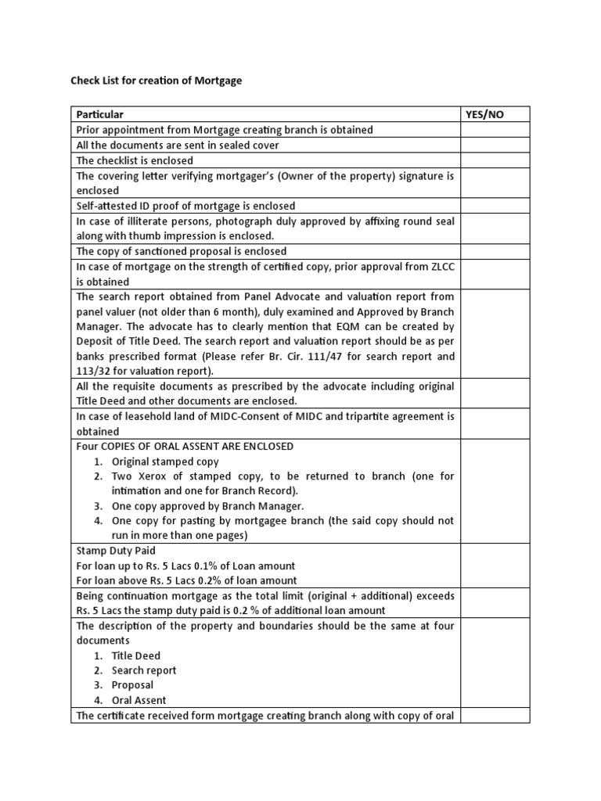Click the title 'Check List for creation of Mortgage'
[x=157, y=80]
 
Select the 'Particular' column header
[x=99, y=114]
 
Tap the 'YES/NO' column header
[x=485, y=114]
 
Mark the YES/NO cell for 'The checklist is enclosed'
[x=495, y=160]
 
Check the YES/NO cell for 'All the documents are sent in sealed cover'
[x=495, y=145]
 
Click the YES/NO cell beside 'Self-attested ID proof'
[x=495, y=206]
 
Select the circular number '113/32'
[x=92, y=372]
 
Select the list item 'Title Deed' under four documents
[x=137, y=656]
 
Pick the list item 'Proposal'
[x=132, y=686]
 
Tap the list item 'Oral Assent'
[x=139, y=701]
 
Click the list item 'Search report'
[x=144, y=671]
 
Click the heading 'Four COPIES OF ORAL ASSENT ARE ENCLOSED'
[x=185, y=447]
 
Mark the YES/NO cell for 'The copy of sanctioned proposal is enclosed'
[x=495, y=251]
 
